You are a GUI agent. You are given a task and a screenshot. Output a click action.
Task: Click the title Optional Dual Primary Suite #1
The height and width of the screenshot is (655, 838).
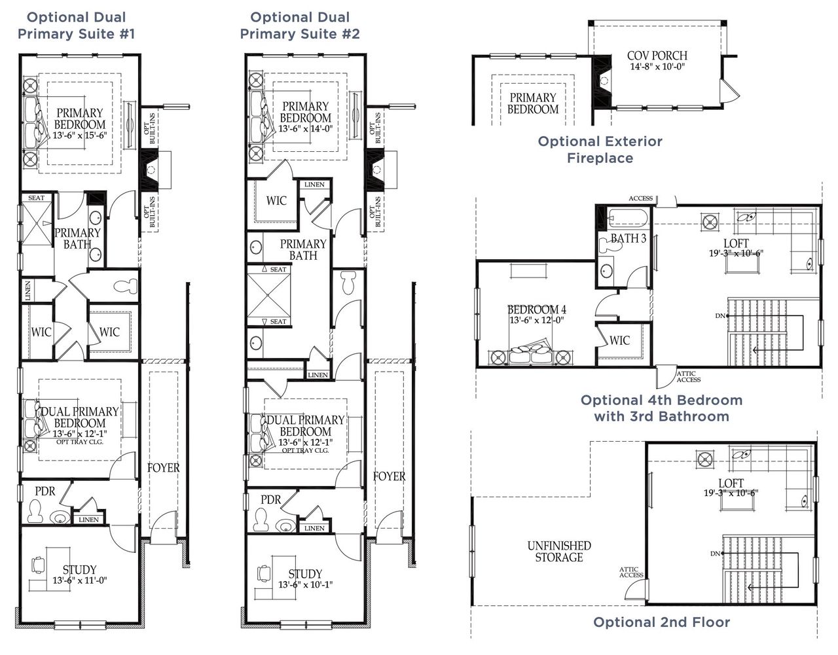(76, 26)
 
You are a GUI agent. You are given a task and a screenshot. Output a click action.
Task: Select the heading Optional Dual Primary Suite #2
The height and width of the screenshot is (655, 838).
(300, 26)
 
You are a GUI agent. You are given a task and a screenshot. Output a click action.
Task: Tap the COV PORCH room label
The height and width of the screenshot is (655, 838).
(657, 56)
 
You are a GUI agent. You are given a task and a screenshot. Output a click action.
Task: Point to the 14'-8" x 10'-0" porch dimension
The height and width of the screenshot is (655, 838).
(657, 67)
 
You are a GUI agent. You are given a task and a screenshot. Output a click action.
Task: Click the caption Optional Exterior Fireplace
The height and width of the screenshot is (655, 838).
(600, 150)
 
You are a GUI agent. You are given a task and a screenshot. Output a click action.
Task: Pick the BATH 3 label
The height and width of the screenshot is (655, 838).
(628, 239)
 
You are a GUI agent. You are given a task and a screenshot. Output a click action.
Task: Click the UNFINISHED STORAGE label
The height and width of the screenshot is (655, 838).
(559, 552)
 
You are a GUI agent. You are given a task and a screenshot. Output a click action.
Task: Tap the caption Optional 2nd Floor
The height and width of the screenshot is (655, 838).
(661, 622)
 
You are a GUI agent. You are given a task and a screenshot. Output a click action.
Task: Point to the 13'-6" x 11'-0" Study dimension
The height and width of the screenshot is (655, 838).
(79, 580)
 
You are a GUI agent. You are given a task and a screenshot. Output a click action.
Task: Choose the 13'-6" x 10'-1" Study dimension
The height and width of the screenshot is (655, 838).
(305, 584)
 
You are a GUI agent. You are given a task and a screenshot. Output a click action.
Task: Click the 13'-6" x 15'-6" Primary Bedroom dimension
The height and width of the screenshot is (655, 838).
(79, 135)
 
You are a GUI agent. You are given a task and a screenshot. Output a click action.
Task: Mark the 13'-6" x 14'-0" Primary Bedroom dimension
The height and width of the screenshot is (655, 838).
(305, 129)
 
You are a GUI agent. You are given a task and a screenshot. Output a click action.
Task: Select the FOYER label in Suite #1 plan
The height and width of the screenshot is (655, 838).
(163, 468)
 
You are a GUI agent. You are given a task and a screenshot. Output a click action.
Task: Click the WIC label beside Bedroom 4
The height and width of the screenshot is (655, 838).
(619, 340)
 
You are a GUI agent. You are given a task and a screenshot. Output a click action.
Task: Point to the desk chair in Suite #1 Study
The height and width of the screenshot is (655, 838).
(39, 563)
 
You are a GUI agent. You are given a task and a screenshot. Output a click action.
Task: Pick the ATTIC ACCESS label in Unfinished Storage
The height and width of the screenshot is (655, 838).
(631, 573)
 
